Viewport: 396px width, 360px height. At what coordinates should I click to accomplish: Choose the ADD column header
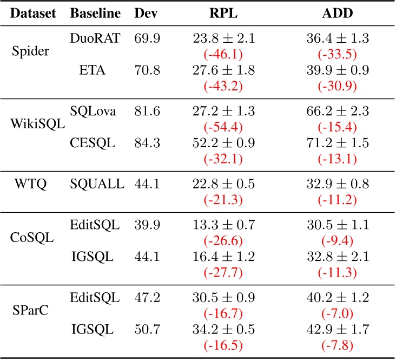(x=329, y=13)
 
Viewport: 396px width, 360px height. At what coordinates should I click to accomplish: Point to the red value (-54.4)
(x=223, y=128)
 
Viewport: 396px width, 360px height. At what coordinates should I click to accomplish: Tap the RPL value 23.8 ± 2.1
(x=223, y=38)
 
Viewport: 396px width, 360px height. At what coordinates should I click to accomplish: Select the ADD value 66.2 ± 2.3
(x=329, y=110)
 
